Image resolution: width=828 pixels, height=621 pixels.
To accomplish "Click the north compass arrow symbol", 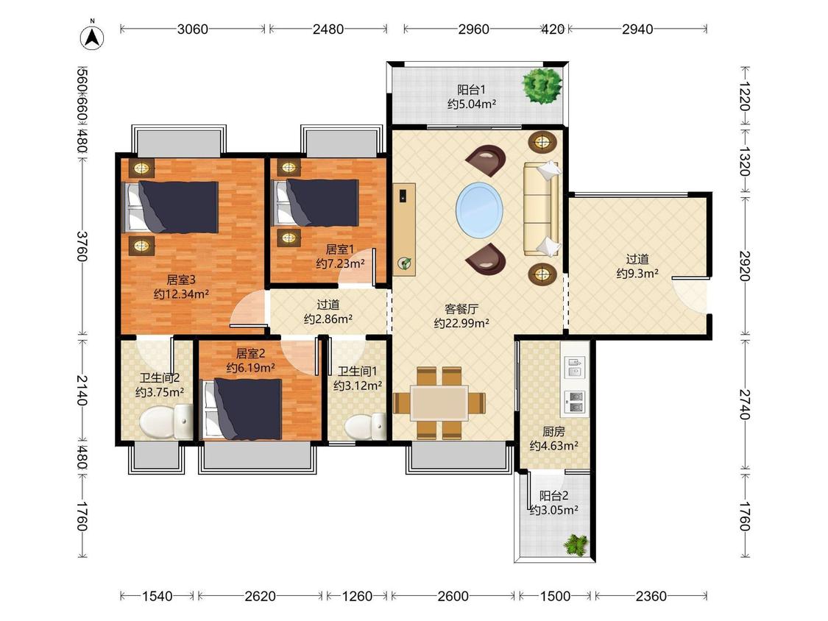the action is click(x=92, y=37).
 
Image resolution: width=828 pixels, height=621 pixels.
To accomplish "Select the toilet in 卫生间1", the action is click(x=365, y=425).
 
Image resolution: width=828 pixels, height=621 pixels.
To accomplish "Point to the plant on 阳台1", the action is click(x=542, y=85).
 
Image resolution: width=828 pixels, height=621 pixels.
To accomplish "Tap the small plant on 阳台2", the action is click(x=576, y=544).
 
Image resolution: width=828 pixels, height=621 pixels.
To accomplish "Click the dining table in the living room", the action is click(x=439, y=403).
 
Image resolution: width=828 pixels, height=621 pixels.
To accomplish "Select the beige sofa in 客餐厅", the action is click(x=541, y=209).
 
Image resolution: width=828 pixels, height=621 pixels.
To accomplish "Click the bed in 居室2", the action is click(x=242, y=408).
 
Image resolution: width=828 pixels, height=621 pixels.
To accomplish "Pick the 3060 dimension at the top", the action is click(x=192, y=29).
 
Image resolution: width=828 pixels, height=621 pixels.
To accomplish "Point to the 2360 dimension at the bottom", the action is click(x=651, y=596).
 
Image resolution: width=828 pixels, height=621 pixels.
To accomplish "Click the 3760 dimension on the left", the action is click(x=82, y=246).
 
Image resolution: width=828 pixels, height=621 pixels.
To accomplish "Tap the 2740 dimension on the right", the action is click(x=745, y=404).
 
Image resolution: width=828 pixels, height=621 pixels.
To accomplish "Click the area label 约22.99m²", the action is click(x=461, y=323).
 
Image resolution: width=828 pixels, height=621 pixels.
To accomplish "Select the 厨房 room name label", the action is click(x=553, y=432).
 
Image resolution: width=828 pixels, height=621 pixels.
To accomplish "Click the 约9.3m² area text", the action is click(x=637, y=274).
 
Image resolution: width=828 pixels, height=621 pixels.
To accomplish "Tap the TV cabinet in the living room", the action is click(x=404, y=229).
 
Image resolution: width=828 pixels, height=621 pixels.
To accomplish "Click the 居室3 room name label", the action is click(x=181, y=280).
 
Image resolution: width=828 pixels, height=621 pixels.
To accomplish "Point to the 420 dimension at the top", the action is click(x=552, y=29).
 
